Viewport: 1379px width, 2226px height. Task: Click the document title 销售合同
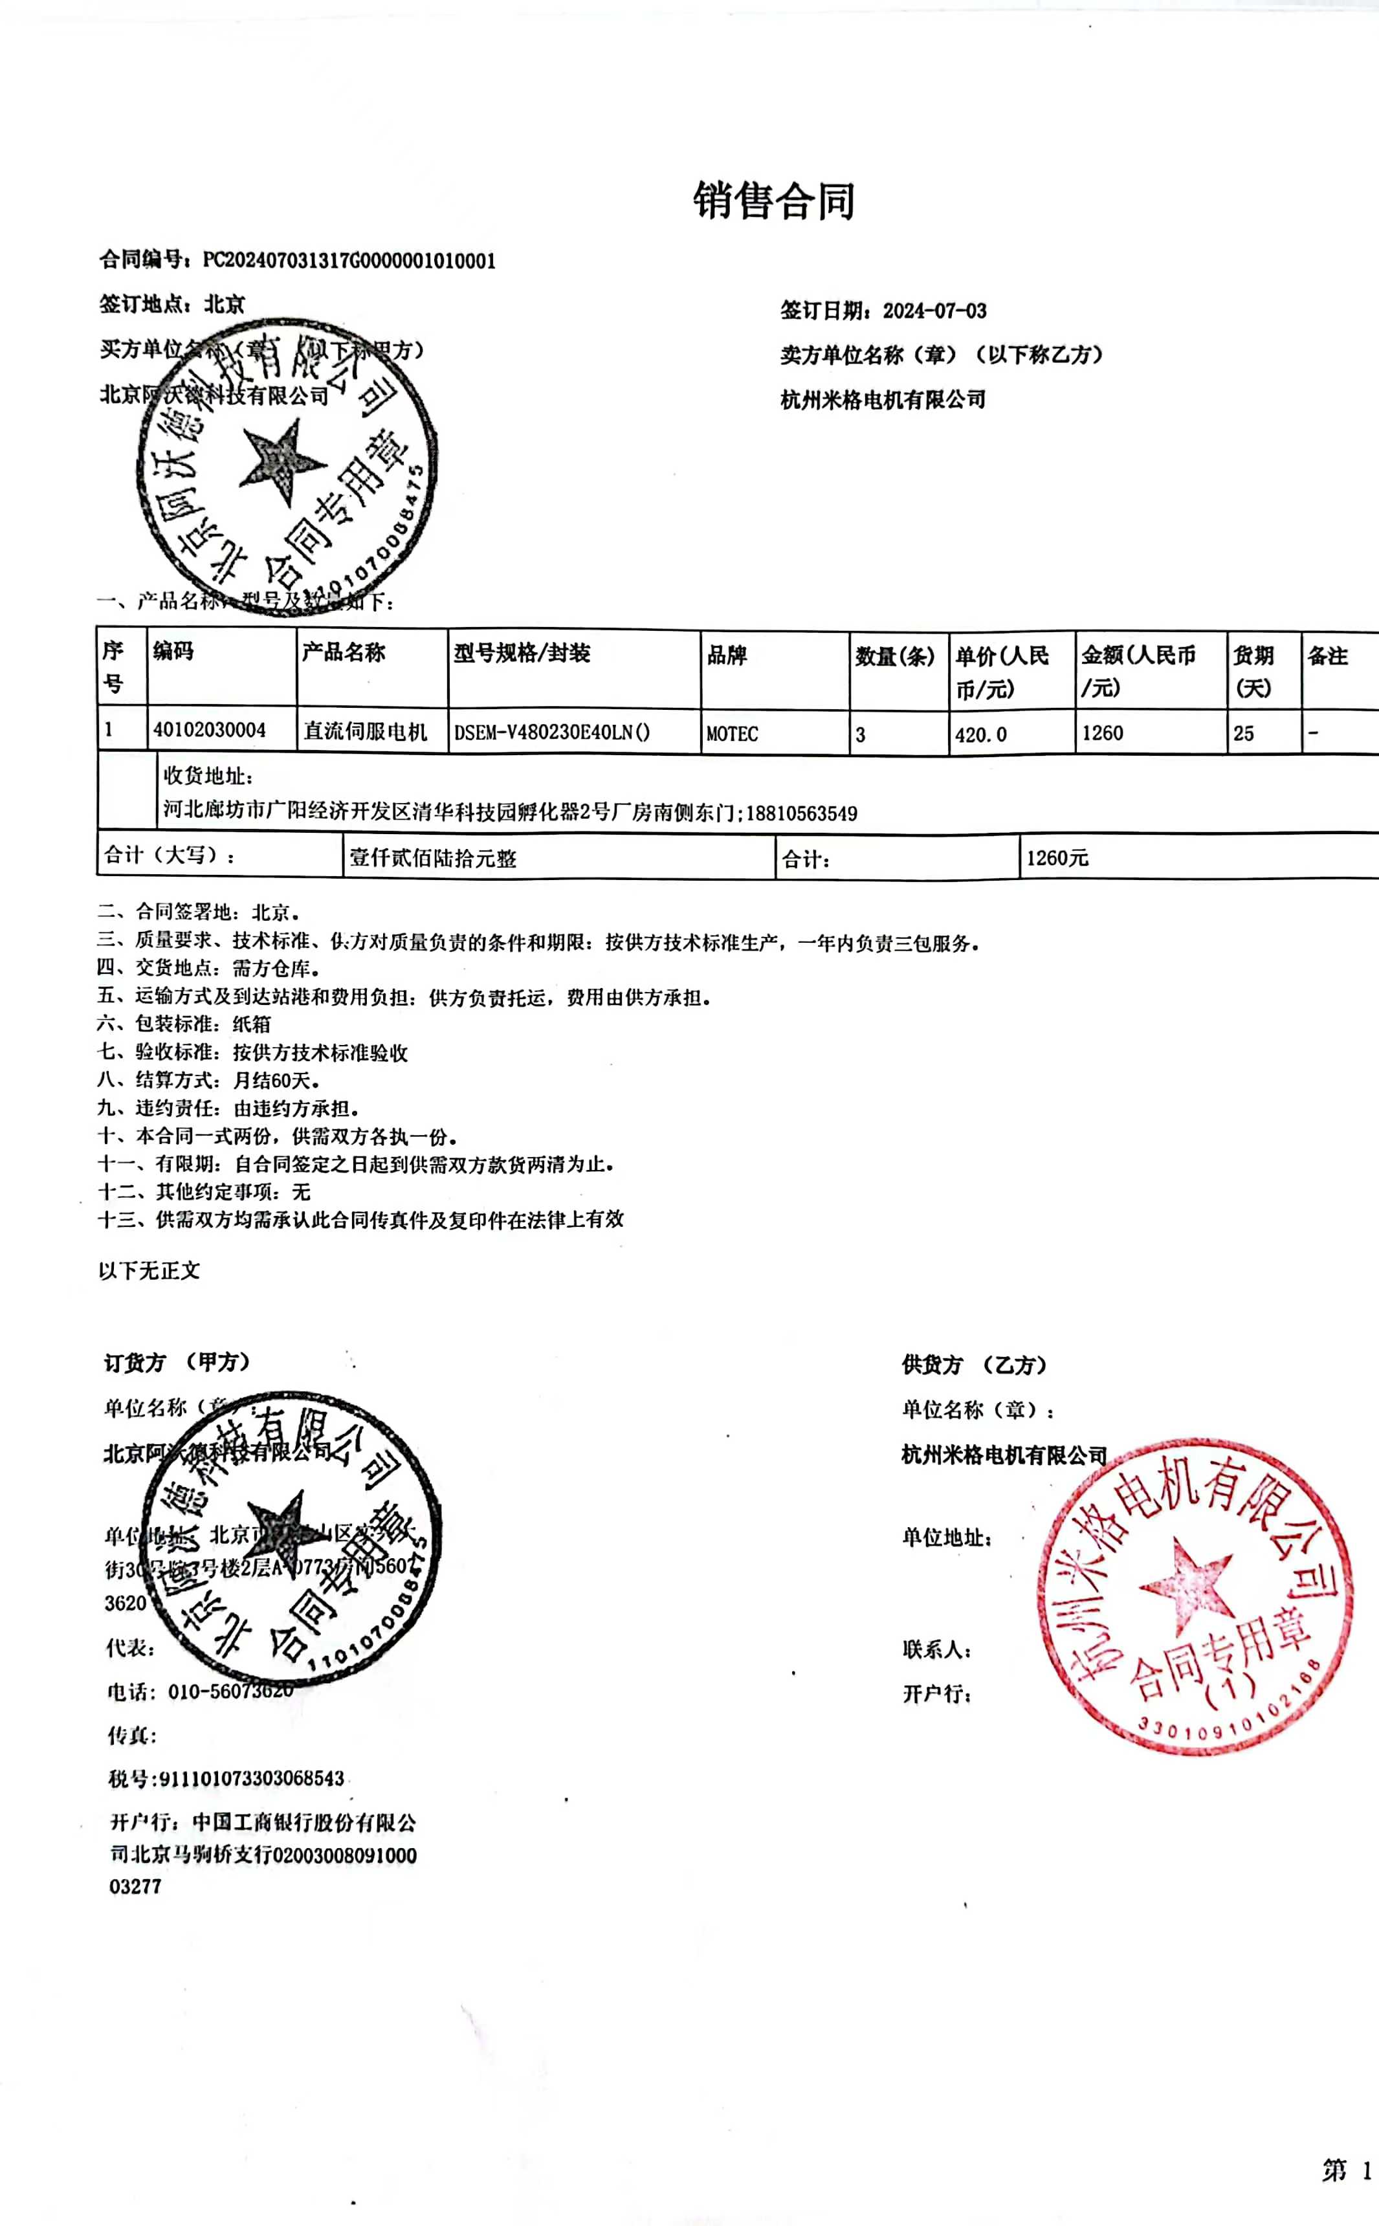pos(773,201)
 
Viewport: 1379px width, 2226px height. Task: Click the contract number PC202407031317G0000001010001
pos(348,261)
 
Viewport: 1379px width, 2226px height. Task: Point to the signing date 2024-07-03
pos(934,311)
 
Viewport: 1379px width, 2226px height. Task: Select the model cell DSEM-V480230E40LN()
pos(552,733)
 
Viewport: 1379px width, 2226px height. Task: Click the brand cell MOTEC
pos(733,734)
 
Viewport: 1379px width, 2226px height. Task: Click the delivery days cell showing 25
pos(1243,733)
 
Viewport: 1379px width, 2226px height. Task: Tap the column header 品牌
pos(727,655)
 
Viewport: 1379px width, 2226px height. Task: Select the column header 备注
pos(1327,656)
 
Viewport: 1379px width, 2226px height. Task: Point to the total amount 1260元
pos(1057,858)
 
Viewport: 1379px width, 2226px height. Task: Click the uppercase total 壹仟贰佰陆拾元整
pos(432,858)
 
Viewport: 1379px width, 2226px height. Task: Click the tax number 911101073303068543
pos(252,1778)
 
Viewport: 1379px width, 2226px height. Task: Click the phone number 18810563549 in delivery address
pos(802,813)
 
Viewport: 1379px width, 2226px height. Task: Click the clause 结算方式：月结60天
pos(209,1081)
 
